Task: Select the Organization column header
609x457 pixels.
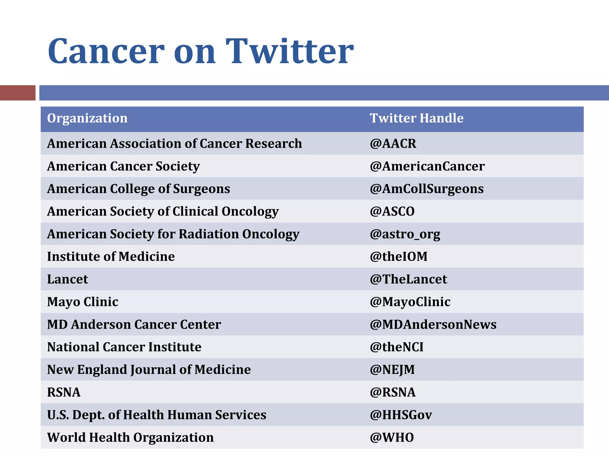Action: tap(87, 118)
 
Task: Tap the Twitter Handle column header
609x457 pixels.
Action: tap(416, 118)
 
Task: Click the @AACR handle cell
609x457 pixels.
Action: tap(393, 143)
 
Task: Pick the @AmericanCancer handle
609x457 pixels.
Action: tap(427, 166)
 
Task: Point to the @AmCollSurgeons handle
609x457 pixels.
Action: tap(426, 189)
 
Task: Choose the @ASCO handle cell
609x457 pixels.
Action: tap(392, 211)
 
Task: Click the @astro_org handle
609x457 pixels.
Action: tap(405, 234)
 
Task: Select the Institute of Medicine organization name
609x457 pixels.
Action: tap(111, 256)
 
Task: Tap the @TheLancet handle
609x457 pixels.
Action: tap(408, 279)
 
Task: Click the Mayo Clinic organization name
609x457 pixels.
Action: tap(83, 302)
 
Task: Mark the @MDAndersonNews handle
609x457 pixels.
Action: tap(433, 324)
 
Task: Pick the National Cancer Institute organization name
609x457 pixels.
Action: tap(124, 347)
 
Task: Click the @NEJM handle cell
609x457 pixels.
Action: tap(392, 370)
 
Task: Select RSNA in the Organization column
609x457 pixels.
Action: tap(64, 392)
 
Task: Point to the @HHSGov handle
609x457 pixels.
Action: tap(401, 415)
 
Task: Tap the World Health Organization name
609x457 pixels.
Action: tap(130, 437)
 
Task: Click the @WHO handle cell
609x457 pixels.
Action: tap(392, 437)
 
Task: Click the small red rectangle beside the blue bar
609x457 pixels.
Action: tap(18, 93)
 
